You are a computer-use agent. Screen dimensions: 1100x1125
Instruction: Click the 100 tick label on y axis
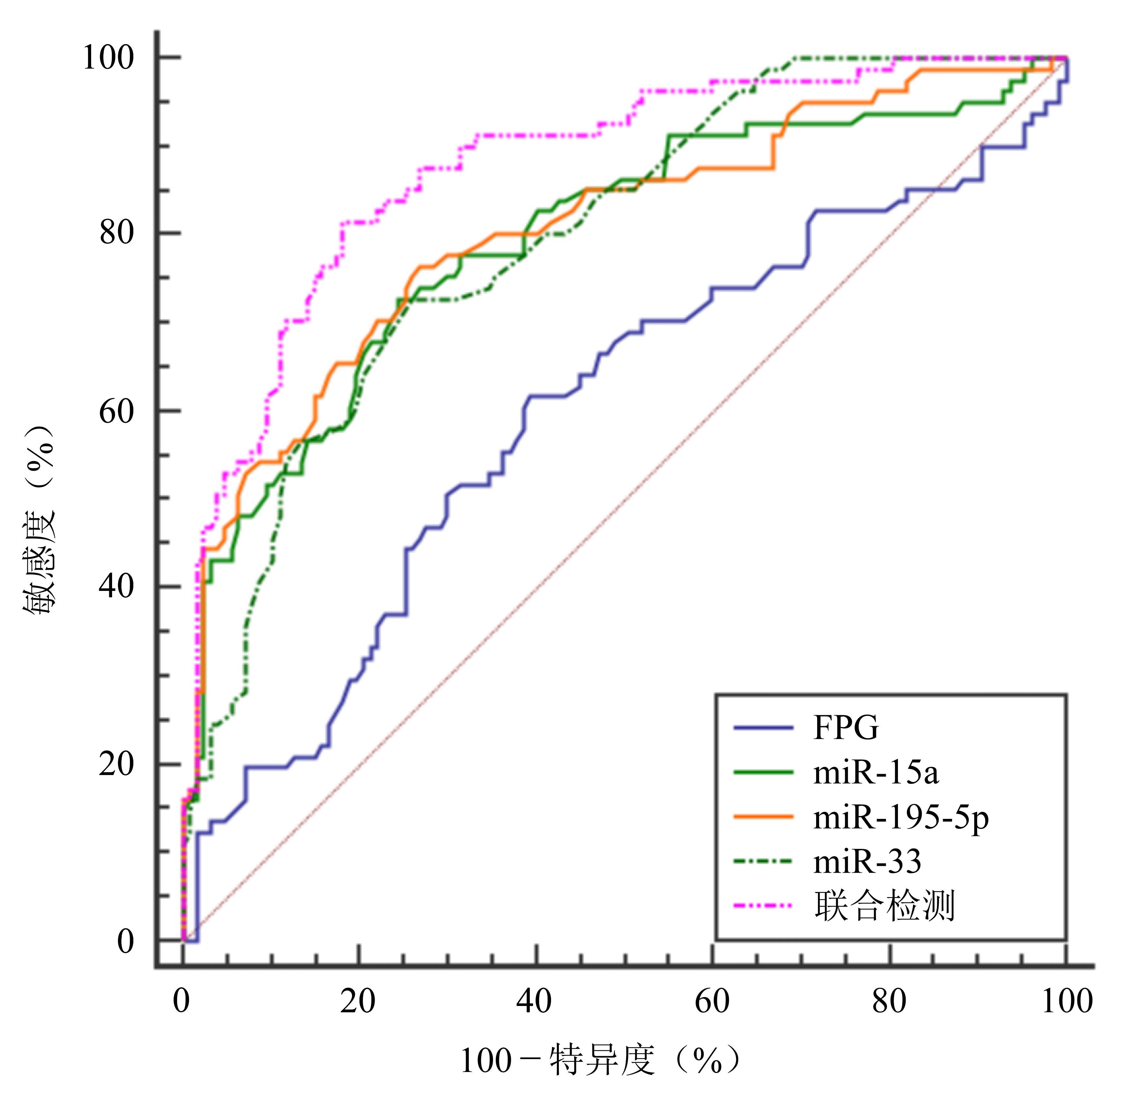(x=109, y=58)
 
